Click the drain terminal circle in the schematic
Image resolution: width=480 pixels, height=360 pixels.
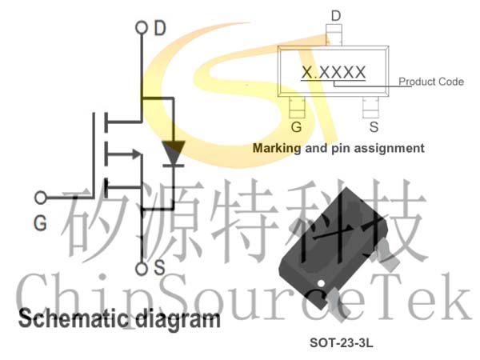(x=141, y=27)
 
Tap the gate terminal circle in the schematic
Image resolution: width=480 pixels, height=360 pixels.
(x=41, y=198)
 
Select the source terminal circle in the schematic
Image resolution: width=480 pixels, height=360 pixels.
(x=141, y=270)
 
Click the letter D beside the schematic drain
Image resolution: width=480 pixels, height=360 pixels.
(x=160, y=28)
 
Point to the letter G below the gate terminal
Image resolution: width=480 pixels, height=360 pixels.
(x=41, y=222)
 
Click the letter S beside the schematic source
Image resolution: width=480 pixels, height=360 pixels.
(x=159, y=267)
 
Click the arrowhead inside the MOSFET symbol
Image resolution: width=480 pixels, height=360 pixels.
(x=137, y=154)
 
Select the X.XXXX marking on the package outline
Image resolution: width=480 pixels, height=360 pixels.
(x=334, y=73)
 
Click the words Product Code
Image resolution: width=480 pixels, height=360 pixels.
(x=431, y=82)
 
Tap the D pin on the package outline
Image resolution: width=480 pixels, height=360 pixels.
(x=334, y=35)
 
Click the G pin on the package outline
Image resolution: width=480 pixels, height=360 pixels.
(x=297, y=107)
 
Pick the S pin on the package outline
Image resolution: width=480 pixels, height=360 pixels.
(x=370, y=107)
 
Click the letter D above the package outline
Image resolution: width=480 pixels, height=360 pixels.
(x=336, y=16)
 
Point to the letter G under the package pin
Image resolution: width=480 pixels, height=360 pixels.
(x=296, y=126)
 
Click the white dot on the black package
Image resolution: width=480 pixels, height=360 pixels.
(x=321, y=283)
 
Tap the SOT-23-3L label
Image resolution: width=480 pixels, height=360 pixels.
(x=342, y=342)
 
